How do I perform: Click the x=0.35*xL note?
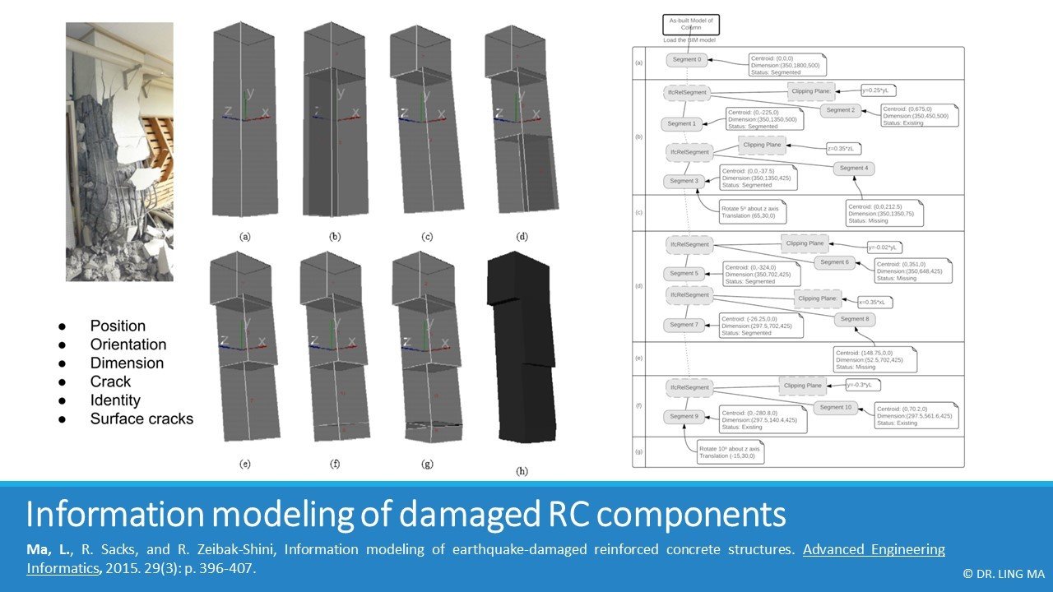click(x=875, y=302)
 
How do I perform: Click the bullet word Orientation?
click(x=128, y=345)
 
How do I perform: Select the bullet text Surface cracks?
click(x=141, y=419)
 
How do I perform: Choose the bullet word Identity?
click(x=115, y=400)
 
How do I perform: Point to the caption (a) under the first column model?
click(x=244, y=236)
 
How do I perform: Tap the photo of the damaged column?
click(x=120, y=152)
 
